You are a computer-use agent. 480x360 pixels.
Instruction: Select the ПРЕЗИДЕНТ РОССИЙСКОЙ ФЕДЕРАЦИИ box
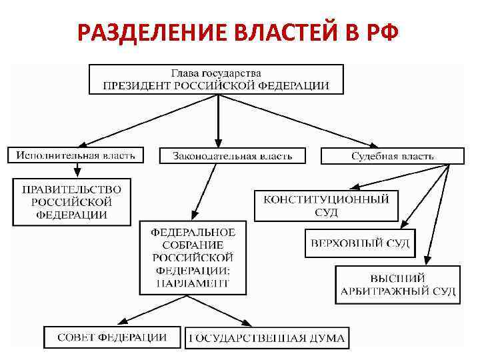pos(217,79)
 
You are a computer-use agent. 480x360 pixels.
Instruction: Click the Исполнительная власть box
pos(75,155)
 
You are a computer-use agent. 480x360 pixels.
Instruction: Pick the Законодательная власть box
pos(232,156)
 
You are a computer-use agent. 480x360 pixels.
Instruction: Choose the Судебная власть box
pos(392,156)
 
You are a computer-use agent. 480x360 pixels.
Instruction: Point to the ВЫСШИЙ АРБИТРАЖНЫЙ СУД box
pos(397,285)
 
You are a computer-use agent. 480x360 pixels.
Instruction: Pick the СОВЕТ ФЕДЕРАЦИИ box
pos(111,337)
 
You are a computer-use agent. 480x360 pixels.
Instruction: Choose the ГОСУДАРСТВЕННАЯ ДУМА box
pos(267,338)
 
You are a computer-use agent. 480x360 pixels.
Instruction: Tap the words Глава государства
pos(216,72)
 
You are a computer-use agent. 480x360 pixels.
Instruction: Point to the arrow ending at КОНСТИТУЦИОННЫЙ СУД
pos(400,177)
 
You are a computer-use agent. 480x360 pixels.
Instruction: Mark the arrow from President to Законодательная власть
pos(217,120)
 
